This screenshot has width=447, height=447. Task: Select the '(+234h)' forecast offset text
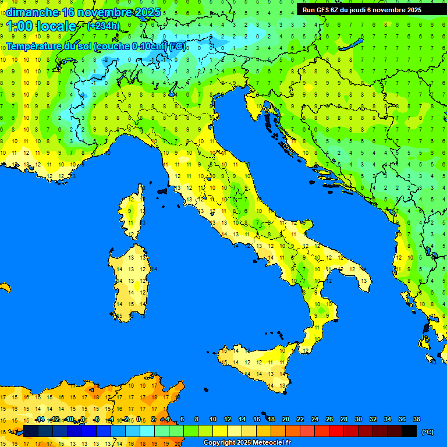pos(104,26)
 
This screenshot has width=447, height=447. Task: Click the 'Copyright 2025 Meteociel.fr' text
pos(247,442)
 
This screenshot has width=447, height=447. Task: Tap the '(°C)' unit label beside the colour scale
pos(427,432)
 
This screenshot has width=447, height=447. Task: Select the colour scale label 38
pos(416,419)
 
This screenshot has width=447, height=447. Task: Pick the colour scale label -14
pos(40,419)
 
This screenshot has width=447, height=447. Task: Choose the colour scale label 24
pos(314,419)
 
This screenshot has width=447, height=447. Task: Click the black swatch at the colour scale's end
pos(409,431)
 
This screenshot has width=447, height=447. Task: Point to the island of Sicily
pos(256,364)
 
